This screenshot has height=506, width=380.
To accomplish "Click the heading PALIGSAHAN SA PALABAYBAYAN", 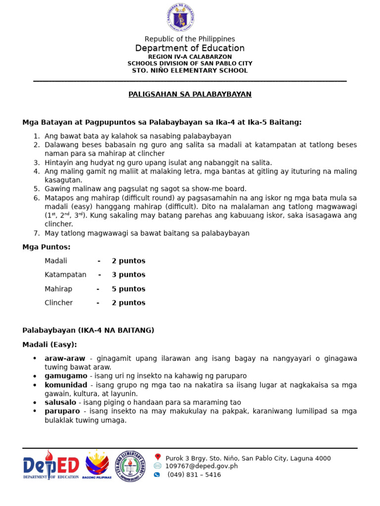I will click(190, 94).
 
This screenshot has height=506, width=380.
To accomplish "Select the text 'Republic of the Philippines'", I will click(190, 39).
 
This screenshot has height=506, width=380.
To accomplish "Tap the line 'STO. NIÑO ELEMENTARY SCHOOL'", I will click(190, 71).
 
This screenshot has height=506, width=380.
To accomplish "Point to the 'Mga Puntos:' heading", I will click(47, 247).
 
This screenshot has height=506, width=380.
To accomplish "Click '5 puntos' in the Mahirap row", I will click(129, 289).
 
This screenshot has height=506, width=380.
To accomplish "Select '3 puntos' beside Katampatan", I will click(129, 275).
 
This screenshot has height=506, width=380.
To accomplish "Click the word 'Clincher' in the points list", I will click(58, 303).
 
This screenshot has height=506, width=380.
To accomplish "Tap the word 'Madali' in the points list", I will click(55, 261).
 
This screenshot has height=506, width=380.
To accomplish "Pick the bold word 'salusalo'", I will click(60, 403).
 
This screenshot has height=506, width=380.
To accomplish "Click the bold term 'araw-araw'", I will click(65, 358).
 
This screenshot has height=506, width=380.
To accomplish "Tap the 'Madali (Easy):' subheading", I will click(49, 344).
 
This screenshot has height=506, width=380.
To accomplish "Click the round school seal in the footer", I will click(131, 466).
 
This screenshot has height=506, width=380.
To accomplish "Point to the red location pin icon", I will click(157, 458).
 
